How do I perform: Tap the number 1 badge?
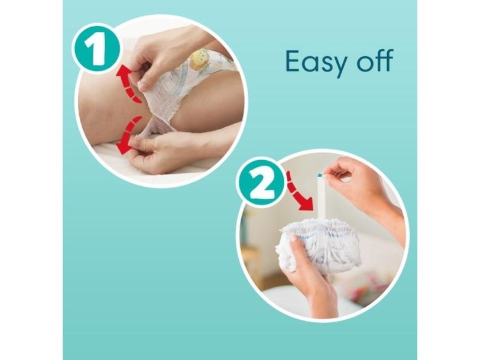tap(96, 49)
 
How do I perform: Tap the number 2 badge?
tap(261, 183)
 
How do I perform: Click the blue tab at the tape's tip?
tap(319, 176)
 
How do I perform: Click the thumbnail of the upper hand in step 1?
tap(143, 86)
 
